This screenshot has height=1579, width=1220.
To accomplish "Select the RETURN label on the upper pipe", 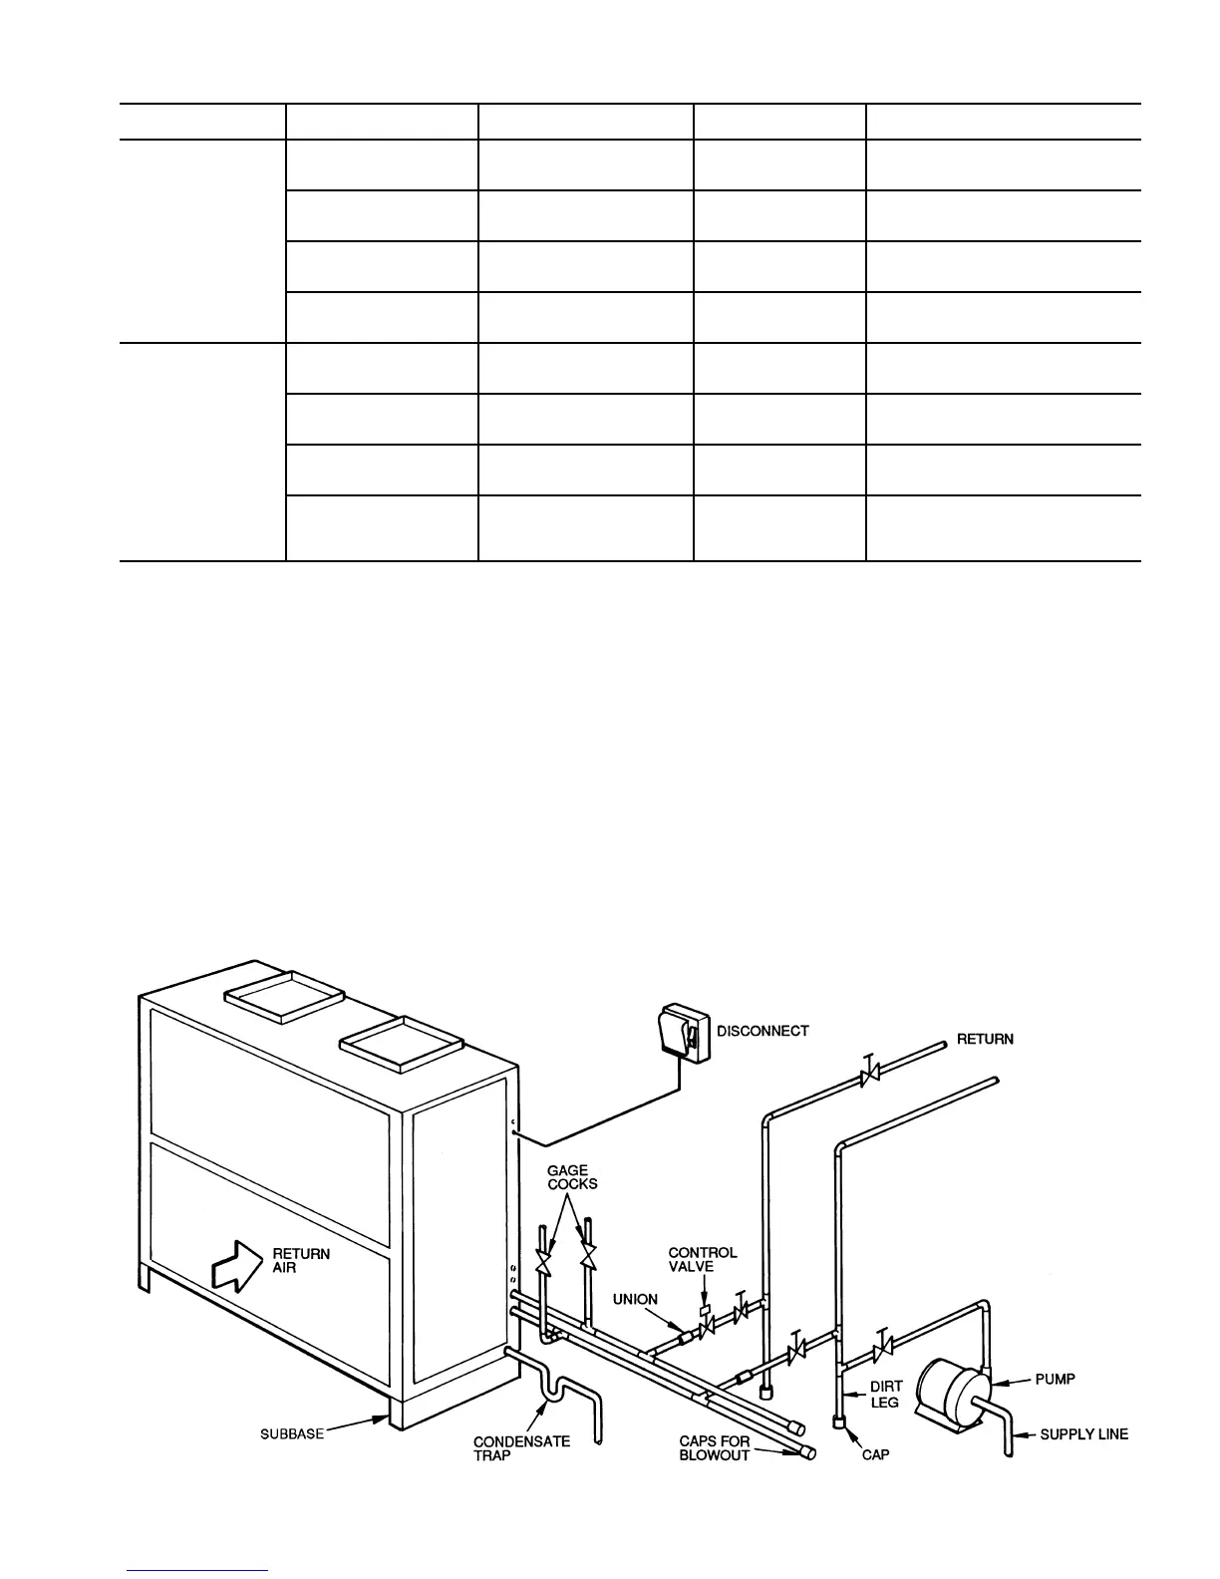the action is coord(985,1039).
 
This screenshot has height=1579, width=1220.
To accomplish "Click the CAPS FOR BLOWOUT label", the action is coord(714,1448).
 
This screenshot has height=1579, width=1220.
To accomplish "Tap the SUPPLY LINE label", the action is coord(1084,1434).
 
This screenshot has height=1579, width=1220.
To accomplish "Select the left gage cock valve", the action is coord(544,1261).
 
